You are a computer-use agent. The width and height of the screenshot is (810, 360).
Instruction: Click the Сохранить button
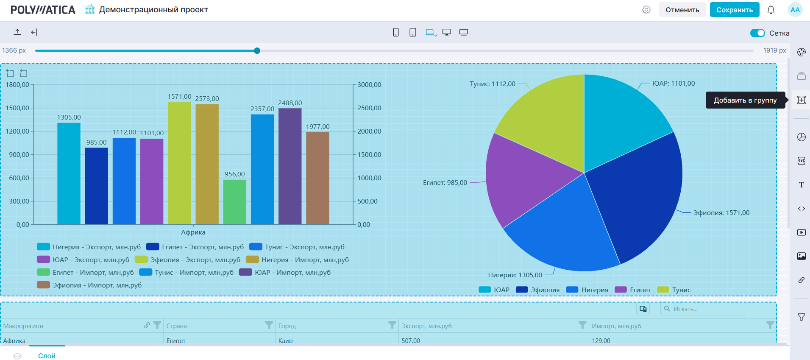pyautogui.click(x=734, y=10)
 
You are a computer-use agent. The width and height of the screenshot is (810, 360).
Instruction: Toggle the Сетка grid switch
pyautogui.click(x=757, y=33)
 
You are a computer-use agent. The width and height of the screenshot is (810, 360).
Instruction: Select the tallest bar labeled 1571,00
pyautogui.click(x=179, y=163)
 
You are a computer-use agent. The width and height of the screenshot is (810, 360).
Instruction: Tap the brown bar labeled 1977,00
pyautogui.click(x=317, y=178)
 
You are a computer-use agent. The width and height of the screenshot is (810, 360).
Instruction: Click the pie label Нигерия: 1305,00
pyautogui.click(x=515, y=275)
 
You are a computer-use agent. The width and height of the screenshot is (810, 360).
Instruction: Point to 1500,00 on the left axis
pyautogui.click(x=17, y=108)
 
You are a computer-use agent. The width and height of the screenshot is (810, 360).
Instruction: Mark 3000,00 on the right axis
pyautogui.click(x=369, y=85)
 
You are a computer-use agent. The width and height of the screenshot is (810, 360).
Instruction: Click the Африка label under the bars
pyautogui.click(x=193, y=232)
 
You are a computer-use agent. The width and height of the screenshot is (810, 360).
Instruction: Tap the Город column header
pyautogui.click(x=287, y=326)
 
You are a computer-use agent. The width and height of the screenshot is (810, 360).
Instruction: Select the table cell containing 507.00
pyautogui.click(x=411, y=340)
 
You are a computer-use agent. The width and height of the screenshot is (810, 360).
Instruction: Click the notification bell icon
pyautogui.click(x=771, y=10)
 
